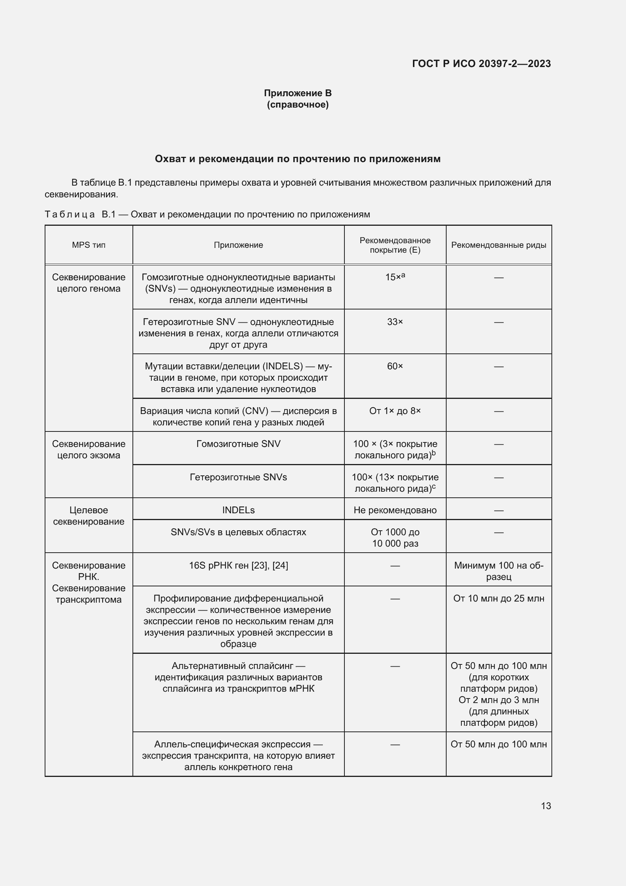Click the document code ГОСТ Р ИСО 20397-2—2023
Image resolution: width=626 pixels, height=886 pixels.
pos(481,64)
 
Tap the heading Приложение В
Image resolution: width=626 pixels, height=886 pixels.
pos(297,93)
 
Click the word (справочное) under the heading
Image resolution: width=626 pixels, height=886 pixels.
pos(297,105)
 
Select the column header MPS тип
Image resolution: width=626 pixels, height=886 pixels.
pos(89,245)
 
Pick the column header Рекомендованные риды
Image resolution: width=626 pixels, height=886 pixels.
pos(498,245)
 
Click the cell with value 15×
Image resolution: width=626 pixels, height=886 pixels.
pos(394,277)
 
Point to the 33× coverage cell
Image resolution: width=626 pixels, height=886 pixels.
pos(395,322)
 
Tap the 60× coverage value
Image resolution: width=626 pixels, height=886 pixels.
pos(395,366)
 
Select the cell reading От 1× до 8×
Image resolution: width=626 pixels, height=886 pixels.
pos(395,411)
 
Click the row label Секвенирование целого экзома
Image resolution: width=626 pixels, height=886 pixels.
pos(89,450)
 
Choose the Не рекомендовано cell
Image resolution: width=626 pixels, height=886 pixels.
pos(395,510)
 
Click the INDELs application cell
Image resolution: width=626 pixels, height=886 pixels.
pos(238,510)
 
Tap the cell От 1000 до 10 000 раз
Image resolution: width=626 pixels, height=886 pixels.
pos(395,538)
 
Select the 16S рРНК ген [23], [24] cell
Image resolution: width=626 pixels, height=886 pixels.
pos(238,565)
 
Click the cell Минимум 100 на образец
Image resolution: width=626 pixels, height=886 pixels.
pos(498,571)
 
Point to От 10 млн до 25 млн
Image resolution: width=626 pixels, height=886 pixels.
pos(498,598)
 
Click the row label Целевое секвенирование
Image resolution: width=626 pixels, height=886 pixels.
pos(89,516)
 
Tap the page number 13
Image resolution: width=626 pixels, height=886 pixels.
pos(546,806)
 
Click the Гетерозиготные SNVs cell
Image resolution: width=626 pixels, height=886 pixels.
pos(238,477)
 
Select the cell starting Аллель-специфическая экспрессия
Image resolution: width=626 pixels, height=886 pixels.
pos(238,756)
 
